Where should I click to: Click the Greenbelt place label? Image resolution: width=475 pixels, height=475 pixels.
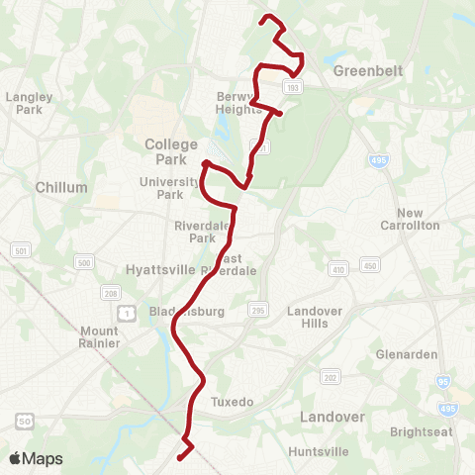[x=363, y=71]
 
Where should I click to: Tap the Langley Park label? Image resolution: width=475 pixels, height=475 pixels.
[x=28, y=103]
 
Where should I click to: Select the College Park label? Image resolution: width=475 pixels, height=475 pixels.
[x=171, y=150]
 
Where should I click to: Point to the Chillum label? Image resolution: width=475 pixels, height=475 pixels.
[x=61, y=187]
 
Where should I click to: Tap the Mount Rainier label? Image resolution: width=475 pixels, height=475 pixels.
[x=100, y=337]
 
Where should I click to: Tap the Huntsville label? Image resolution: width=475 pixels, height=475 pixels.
[x=318, y=451]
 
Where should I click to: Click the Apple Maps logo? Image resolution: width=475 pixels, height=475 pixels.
[x=36, y=458]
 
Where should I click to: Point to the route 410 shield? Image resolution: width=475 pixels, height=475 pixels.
[x=337, y=268]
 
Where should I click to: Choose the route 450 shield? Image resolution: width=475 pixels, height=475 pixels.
[x=370, y=265]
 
